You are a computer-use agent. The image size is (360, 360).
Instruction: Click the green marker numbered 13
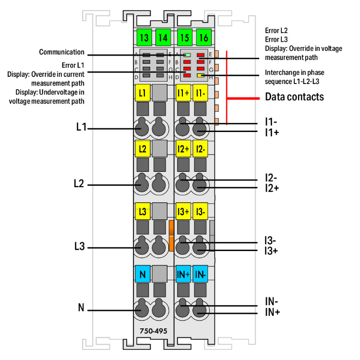coord(143,37)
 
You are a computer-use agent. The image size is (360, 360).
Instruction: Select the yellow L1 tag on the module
coord(142,93)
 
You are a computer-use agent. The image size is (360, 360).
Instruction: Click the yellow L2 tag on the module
coord(142,148)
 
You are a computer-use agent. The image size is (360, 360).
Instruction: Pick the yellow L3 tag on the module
coord(142,211)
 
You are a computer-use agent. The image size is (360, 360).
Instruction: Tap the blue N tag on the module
coord(142,275)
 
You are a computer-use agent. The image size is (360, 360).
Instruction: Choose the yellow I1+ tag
coord(183,93)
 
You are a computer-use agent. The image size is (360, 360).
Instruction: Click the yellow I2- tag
coord(201,148)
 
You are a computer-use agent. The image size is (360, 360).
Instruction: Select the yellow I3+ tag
coord(183,211)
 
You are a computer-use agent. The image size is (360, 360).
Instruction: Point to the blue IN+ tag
coord(183,275)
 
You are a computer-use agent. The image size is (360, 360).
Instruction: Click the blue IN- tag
coord(201,275)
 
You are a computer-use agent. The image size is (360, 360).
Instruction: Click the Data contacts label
coord(294,97)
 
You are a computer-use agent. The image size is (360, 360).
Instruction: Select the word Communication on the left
coord(61,52)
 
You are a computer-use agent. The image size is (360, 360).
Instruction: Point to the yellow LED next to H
coord(201,76)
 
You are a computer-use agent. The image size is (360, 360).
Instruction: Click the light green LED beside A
coord(187,55)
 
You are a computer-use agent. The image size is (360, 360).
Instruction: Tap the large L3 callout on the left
coord(80,247)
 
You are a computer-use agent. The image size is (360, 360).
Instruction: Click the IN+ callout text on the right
coord(273,312)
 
